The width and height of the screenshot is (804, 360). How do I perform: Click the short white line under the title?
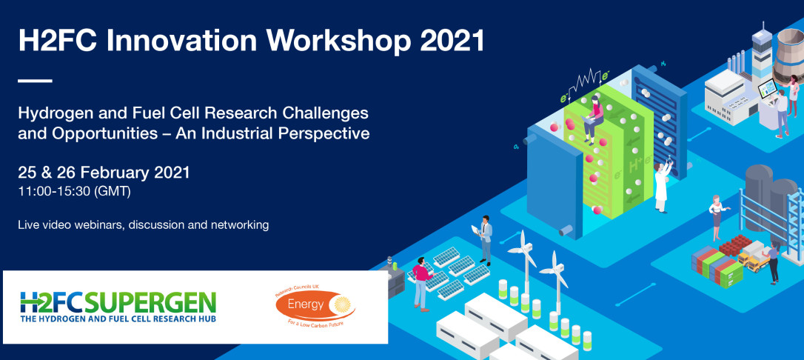tap(35, 81)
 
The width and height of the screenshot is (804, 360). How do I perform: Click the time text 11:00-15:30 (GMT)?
tap(74, 192)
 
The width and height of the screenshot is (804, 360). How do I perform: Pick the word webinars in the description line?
tap(98, 224)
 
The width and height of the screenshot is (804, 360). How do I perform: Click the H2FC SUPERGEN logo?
tap(118, 307)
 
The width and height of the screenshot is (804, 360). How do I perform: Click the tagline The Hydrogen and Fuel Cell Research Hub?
tap(118, 319)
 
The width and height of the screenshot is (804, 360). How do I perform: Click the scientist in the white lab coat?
tap(662, 186)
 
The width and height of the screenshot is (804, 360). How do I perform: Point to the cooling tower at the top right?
tap(788, 56)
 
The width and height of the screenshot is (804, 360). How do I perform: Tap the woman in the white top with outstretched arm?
tap(717, 216)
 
